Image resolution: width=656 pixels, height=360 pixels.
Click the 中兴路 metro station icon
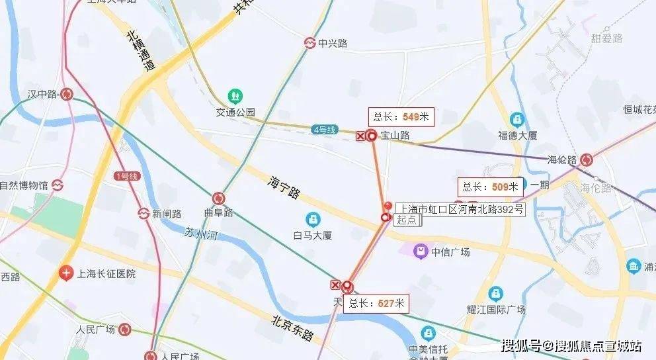pos(309,43)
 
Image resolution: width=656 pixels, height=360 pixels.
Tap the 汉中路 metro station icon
pos(67,95)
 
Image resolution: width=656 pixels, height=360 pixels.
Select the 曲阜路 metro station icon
pos(218,198)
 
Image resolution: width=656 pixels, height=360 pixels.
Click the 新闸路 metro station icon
pos(143,213)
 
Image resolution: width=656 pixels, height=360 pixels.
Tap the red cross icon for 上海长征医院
pos(65,273)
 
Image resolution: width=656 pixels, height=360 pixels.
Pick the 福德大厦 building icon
pos(516,120)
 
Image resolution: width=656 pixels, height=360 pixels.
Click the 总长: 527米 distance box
pos(377,304)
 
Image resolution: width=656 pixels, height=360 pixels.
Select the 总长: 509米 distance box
pos(490,187)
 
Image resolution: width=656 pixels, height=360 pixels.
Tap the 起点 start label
pos(408,221)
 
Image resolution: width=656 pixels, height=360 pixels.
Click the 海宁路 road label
pos(284,187)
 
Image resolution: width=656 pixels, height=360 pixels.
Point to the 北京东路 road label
pos(292,328)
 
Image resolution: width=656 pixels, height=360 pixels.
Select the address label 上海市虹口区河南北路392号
pos(460,209)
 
